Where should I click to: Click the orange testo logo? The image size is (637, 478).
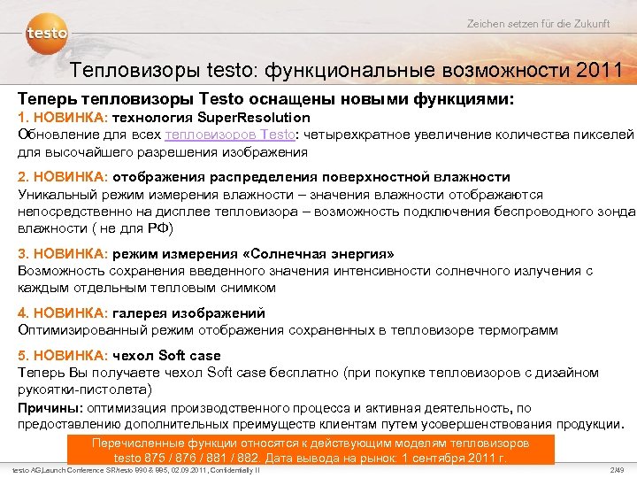(x=47, y=34)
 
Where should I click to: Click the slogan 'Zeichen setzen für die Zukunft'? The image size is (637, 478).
(x=538, y=23)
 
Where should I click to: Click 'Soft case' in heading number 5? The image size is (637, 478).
(x=189, y=356)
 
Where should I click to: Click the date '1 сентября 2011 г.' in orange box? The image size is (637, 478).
(x=454, y=458)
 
